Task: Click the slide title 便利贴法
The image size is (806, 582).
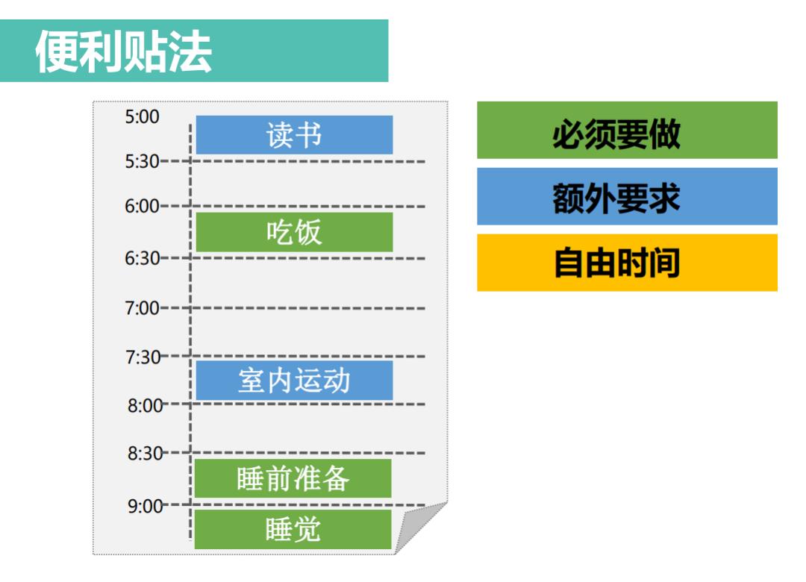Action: click(x=124, y=51)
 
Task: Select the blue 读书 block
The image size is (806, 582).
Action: click(x=294, y=135)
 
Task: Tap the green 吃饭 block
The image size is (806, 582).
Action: click(x=294, y=232)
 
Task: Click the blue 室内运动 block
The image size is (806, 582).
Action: click(x=294, y=381)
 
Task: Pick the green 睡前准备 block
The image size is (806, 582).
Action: click(x=293, y=478)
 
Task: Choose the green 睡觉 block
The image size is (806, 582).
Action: click(x=293, y=529)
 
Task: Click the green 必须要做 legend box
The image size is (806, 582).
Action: click(x=627, y=131)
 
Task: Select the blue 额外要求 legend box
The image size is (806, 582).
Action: click(x=627, y=196)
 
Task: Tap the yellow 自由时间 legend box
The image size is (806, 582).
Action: click(x=627, y=263)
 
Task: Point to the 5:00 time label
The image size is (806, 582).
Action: click(x=143, y=116)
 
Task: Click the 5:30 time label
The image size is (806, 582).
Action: click(x=143, y=161)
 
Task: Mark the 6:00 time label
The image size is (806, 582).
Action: click(x=143, y=207)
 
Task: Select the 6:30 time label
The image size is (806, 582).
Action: click(x=143, y=258)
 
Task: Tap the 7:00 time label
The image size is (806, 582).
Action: click(x=143, y=307)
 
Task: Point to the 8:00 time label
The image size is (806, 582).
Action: click(x=145, y=406)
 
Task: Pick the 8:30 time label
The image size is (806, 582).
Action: click(x=145, y=453)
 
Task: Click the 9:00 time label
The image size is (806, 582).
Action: click(x=145, y=506)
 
